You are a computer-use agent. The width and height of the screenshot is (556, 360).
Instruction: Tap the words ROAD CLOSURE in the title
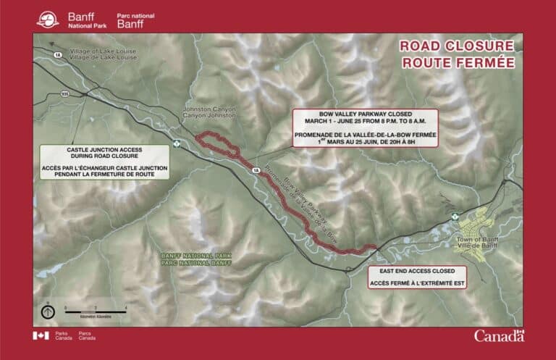pos(457,47)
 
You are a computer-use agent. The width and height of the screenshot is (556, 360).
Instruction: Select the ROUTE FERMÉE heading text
pos(457,62)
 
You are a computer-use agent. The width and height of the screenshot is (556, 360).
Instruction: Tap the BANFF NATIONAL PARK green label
pos(189,258)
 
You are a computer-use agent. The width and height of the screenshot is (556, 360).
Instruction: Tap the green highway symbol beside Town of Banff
pos(455,216)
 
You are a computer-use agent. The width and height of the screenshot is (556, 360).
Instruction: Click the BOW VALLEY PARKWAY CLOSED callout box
pos(365,128)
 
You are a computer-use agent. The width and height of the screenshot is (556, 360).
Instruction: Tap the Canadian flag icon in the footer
pos(38,335)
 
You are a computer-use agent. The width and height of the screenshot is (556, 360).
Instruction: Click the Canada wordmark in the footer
pos(499,335)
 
